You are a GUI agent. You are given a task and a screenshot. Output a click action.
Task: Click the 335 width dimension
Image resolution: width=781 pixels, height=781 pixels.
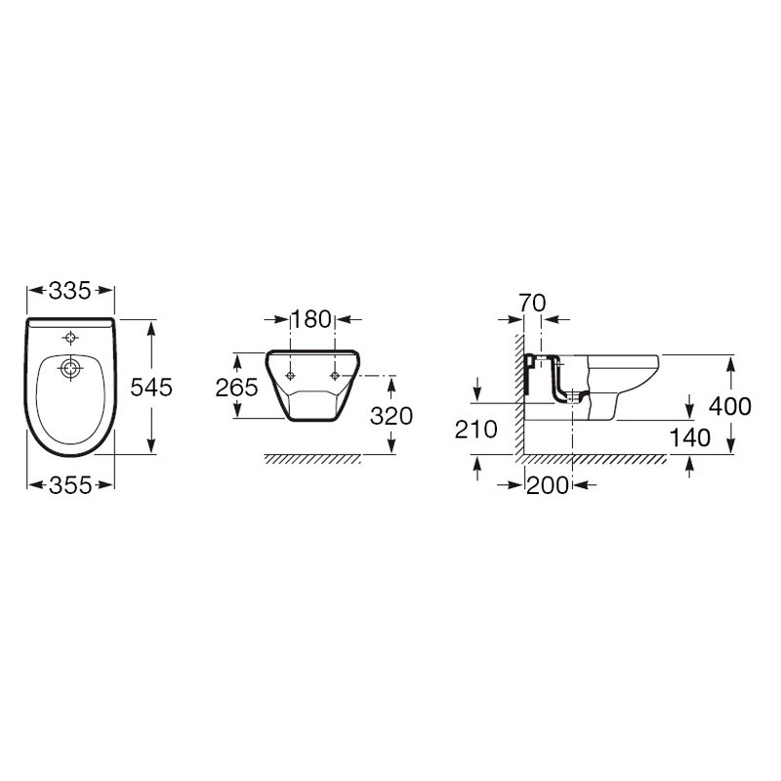coord(70,291)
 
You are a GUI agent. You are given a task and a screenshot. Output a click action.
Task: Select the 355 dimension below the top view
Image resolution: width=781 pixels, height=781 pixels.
coord(70,485)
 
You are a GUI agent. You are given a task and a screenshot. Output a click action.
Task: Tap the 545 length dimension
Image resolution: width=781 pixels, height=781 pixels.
coord(151,387)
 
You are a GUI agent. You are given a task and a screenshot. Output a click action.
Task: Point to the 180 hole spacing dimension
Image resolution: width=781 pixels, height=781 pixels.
coord(311,319)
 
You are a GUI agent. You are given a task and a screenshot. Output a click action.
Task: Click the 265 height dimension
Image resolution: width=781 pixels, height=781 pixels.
coord(236,387)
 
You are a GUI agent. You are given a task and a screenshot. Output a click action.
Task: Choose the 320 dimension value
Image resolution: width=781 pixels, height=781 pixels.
coord(391,416)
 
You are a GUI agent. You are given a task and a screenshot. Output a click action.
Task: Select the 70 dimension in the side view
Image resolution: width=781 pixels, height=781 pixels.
coord(532,303)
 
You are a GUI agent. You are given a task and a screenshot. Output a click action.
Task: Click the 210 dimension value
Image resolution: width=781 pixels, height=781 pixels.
coord(476,430)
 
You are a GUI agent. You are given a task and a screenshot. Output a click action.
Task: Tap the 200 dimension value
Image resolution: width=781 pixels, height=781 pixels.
coord(548,485)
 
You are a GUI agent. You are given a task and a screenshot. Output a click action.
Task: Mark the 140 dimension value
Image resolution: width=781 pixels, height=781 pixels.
coord(690,438)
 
